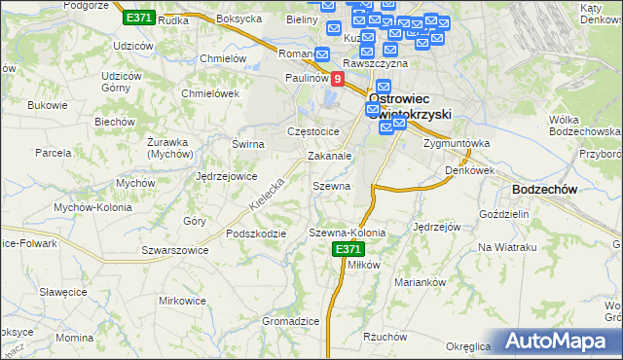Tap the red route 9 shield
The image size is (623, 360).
[338, 79]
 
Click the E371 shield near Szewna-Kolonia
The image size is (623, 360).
[348, 250]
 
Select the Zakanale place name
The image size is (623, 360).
[329, 155]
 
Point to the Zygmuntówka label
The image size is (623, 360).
[457, 143]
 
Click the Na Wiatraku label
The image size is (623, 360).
[507, 247]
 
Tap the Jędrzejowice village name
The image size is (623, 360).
[226, 176]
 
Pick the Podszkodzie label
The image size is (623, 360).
[255, 234]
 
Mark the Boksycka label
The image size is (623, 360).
[239, 18]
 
